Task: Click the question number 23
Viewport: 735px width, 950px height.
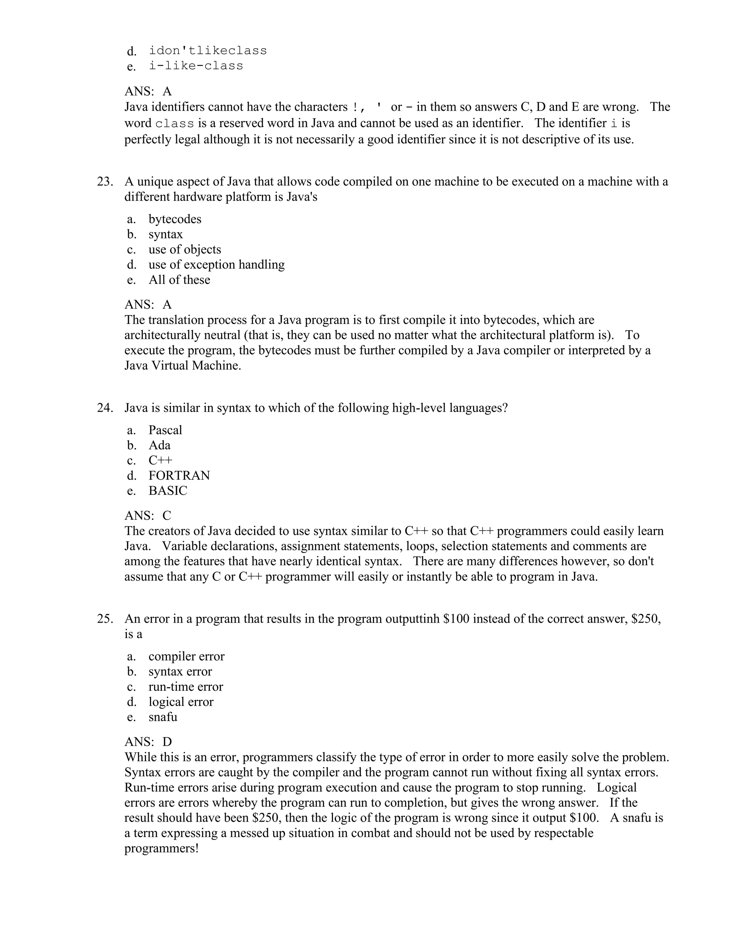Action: [x=104, y=181]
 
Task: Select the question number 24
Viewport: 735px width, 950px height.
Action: [x=104, y=408]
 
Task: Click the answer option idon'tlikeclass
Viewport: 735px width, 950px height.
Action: [x=208, y=51]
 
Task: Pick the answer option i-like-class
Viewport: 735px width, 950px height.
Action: [x=196, y=66]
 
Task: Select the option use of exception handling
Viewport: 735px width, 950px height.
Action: [x=216, y=265]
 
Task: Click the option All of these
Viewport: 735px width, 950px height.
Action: [x=179, y=280]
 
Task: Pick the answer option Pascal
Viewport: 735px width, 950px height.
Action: [x=165, y=430]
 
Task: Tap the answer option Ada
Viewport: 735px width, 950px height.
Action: [x=159, y=445]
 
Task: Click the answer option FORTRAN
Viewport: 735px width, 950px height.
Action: [x=179, y=475]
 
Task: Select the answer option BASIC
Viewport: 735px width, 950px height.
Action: [x=168, y=491]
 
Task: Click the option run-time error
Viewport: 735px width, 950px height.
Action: [x=186, y=687]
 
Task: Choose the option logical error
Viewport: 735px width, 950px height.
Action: [x=181, y=702]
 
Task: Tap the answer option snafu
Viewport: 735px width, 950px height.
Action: [x=163, y=717]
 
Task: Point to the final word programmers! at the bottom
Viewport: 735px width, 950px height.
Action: [x=161, y=848]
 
